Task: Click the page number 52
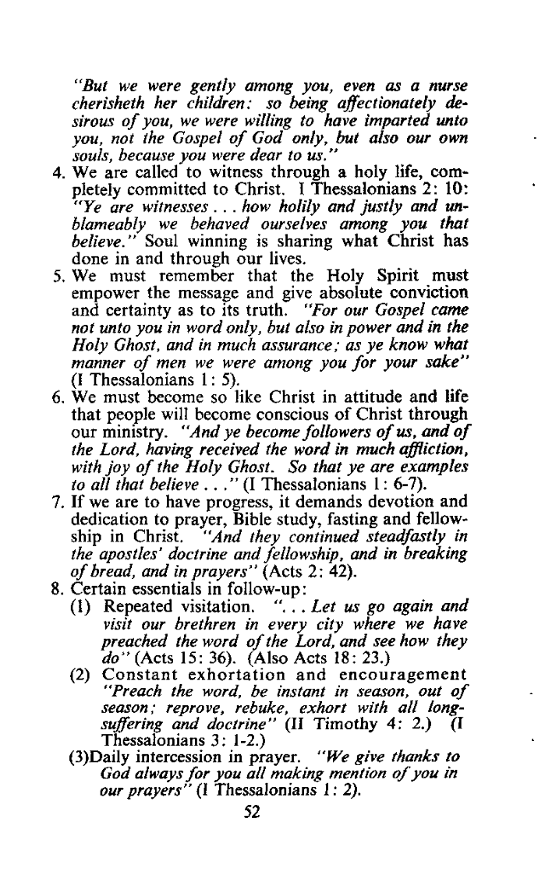tap(250, 835)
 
